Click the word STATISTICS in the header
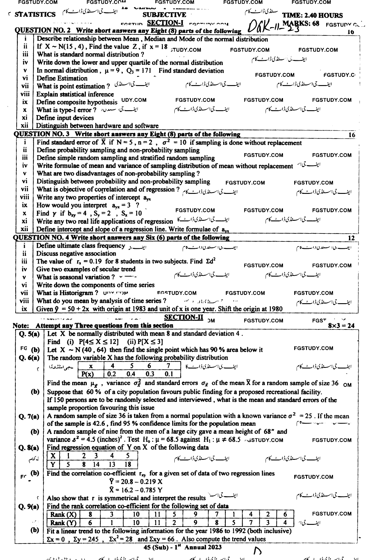pyautogui.click(x=35, y=14)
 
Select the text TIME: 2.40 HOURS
pyautogui.click(x=312, y=15)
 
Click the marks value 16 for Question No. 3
pyautogui.click(x=352, y=135)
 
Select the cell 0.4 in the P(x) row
pyautogui.click(x=131, y=374)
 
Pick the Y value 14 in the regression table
pyautogui.click(x=96, y=464)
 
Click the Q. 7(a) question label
pyautogui.click(x=29, y=417)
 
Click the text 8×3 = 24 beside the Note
pyautogui.click(x=341, y=326)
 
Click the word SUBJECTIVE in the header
pyautogui.click(x=164, y=15)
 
